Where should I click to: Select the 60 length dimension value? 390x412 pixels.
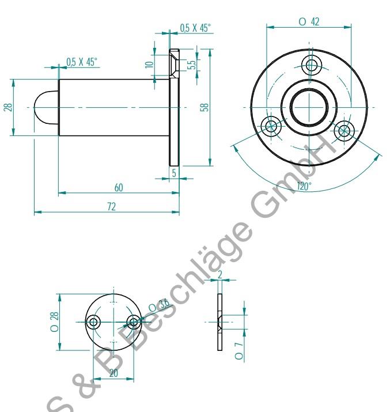coord(119,188)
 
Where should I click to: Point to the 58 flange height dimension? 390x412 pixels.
coord(205,107)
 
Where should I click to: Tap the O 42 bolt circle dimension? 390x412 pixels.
coord(309,21)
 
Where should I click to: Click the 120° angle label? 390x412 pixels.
coord(304,186)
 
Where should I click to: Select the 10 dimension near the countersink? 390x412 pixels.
coord(150,65)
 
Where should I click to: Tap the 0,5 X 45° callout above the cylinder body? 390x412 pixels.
coord(81,62)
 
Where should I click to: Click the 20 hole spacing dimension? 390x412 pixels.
coord(113,374)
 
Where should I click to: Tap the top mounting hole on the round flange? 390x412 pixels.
coord(312,64)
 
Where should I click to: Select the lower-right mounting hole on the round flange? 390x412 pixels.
coord(344,130)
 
